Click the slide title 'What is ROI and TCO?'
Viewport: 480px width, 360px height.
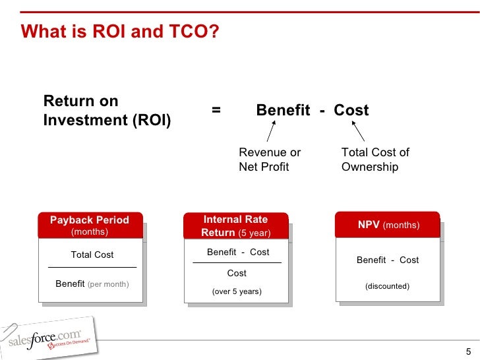pyautogui.click(x=120, y=32)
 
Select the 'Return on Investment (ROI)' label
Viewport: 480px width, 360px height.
pyautogui.click(x=107, y=111)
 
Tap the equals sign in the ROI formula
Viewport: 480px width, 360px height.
pyautogui.click(x=216, y=110)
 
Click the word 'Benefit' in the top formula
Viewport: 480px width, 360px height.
pyautogui.click(x=283, y=110)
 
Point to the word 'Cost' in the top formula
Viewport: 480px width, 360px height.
pyautogui.click(x=351, y=110)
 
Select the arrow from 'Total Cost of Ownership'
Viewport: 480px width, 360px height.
pyautogui.click(x=359, y=132)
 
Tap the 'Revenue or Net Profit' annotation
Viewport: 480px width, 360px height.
pyautogui.click(x=270, y=160)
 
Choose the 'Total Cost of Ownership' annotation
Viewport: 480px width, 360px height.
pyautogui.click(x=375, y=160)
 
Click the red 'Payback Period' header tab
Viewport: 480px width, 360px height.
pyautogui.click(x=90, y=225)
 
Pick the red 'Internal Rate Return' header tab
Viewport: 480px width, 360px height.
pyautogui.click(x=235, y=225)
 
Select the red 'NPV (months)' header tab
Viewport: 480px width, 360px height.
pyautogui.click(x=388, y=225)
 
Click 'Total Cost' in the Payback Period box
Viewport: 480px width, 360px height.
pyautogui.click(x=92, y=255)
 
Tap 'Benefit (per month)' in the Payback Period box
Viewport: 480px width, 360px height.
pyautogui.click(x=92, y=284)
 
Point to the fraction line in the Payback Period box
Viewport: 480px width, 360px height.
pyautogui.click(x=92, y=267)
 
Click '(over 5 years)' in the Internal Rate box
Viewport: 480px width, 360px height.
pyautogui.click(x=237, y=291)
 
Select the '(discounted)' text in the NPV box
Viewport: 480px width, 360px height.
pyautogui.click(x=388, y=286)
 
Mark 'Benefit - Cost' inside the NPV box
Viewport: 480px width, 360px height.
pyautogui.click(x=388, y=260)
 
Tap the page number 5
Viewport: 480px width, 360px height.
pyautogui.click(x=468, y=351)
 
